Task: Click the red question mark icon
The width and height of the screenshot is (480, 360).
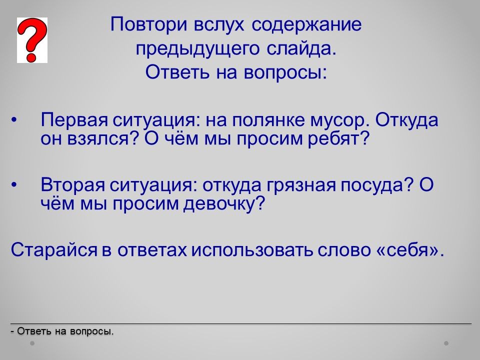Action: point(32,40)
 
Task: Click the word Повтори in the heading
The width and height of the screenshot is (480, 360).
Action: point(149,24)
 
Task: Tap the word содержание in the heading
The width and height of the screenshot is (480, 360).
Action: point(306,24)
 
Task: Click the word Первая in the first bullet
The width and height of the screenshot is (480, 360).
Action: point(74,119)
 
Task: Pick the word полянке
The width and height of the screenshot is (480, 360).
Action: point(268,119)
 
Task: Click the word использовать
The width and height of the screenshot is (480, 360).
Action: point(252,250)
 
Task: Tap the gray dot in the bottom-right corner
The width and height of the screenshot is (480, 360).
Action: point(446,343)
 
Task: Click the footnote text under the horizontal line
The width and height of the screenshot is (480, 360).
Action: point(62,331)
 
